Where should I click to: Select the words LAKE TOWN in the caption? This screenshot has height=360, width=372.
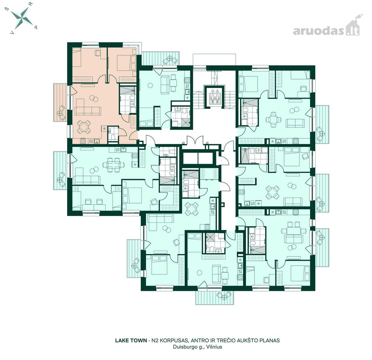click(131, 340)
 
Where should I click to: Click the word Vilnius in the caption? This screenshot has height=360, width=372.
click(214, 347)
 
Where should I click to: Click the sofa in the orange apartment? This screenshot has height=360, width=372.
click(88, 110)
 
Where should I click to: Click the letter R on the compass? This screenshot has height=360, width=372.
click(32, 4)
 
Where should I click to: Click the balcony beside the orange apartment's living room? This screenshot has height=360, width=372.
click(60, 102)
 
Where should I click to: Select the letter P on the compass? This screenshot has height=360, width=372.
click(36, 27)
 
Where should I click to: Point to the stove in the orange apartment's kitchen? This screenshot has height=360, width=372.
click(83, 141)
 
